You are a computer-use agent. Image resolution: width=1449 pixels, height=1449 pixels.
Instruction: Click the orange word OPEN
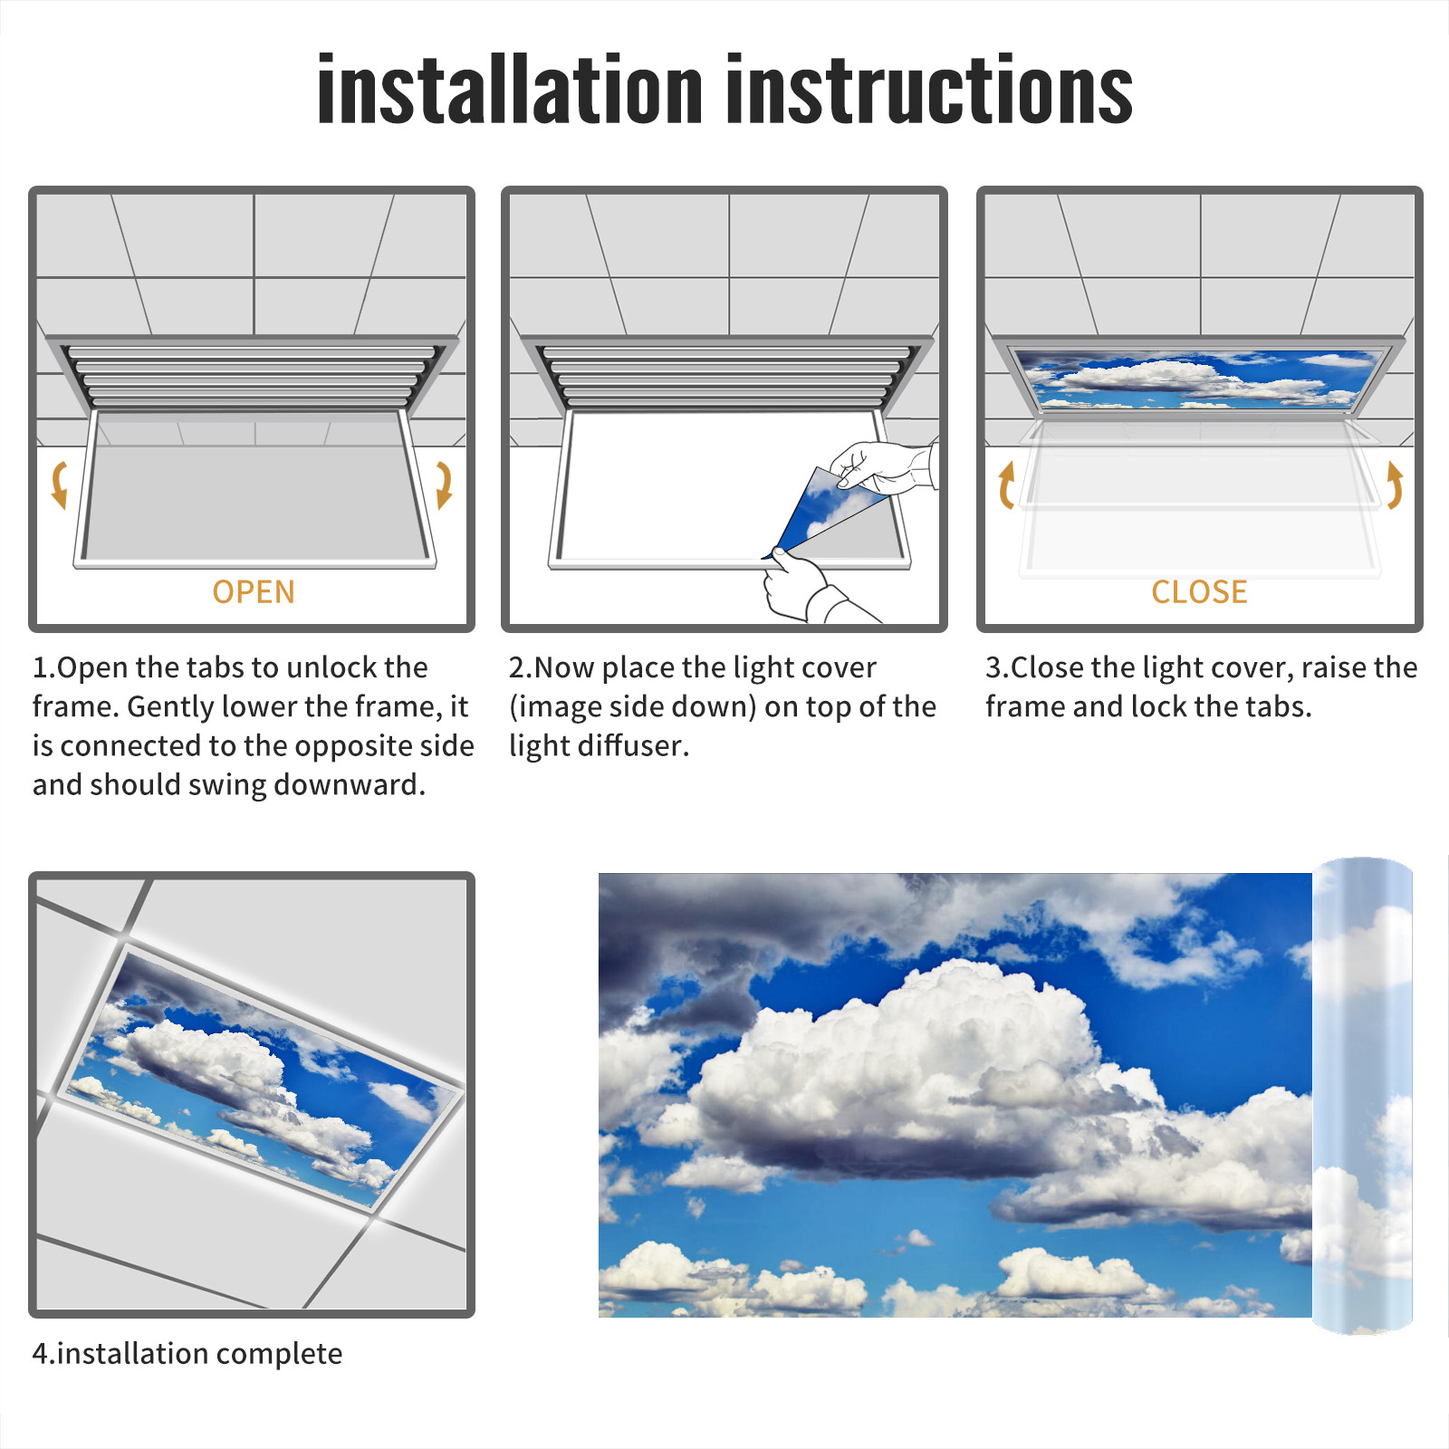(x=254, y=592)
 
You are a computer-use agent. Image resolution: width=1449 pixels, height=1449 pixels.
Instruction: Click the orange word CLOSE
(x=1199, y=592)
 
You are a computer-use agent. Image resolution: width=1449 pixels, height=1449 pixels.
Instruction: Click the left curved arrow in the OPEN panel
(x=59, y=485)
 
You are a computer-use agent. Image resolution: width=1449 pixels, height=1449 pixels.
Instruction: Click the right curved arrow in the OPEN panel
(x=444, y=485)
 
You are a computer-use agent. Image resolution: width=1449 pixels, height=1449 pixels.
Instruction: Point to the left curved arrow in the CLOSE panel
(x=1006, y=485)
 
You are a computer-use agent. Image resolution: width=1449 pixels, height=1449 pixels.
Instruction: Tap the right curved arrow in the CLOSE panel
(x=1395, y=485)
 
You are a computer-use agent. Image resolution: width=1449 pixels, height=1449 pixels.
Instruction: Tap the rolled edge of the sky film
(x=1362, y=1096)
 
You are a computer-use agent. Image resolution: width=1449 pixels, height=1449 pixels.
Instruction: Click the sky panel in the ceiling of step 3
(x=1199, y=378)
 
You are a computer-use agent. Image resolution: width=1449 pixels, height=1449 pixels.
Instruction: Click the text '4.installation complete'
(x=187, y=1353)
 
